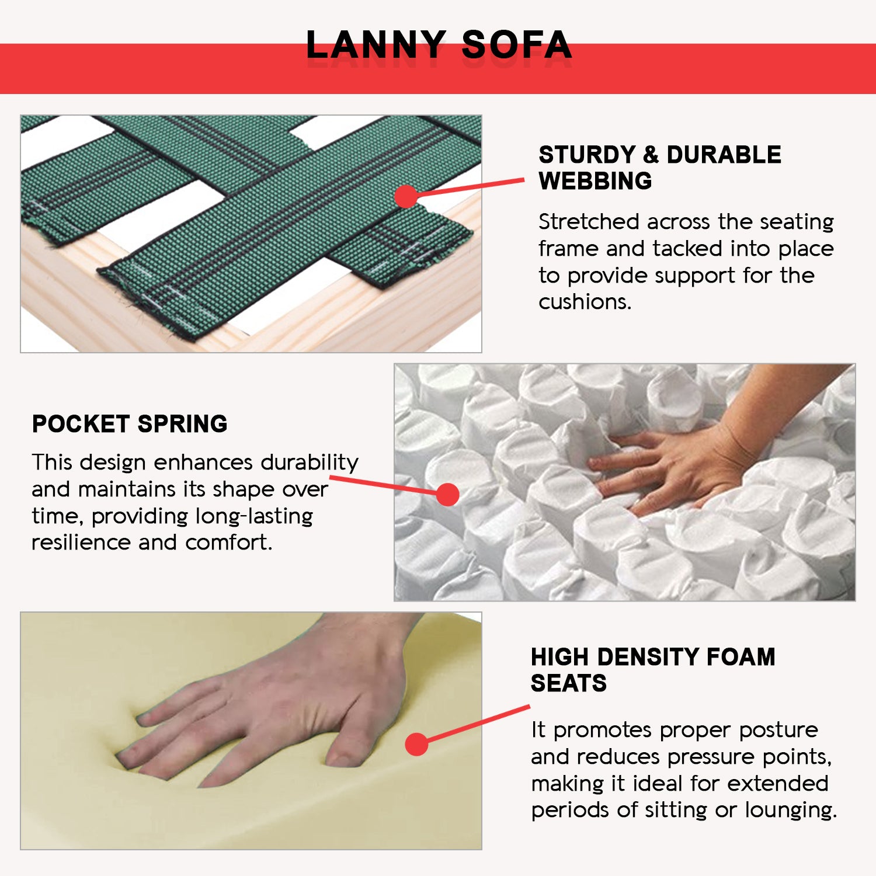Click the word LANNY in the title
click(376, 45)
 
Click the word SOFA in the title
click(516, 45)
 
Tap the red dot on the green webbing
click(406, 197)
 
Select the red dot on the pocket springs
click(447, 495)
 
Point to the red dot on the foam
click(417, 744)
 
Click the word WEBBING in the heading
click(595, 181)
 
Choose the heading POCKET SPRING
click(130, 424)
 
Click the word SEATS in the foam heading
click(569, 683)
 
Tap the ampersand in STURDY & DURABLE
click(651, 155)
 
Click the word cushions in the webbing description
click(585, 302)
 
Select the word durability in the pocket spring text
click(310, 463)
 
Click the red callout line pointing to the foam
click(478, 724)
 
